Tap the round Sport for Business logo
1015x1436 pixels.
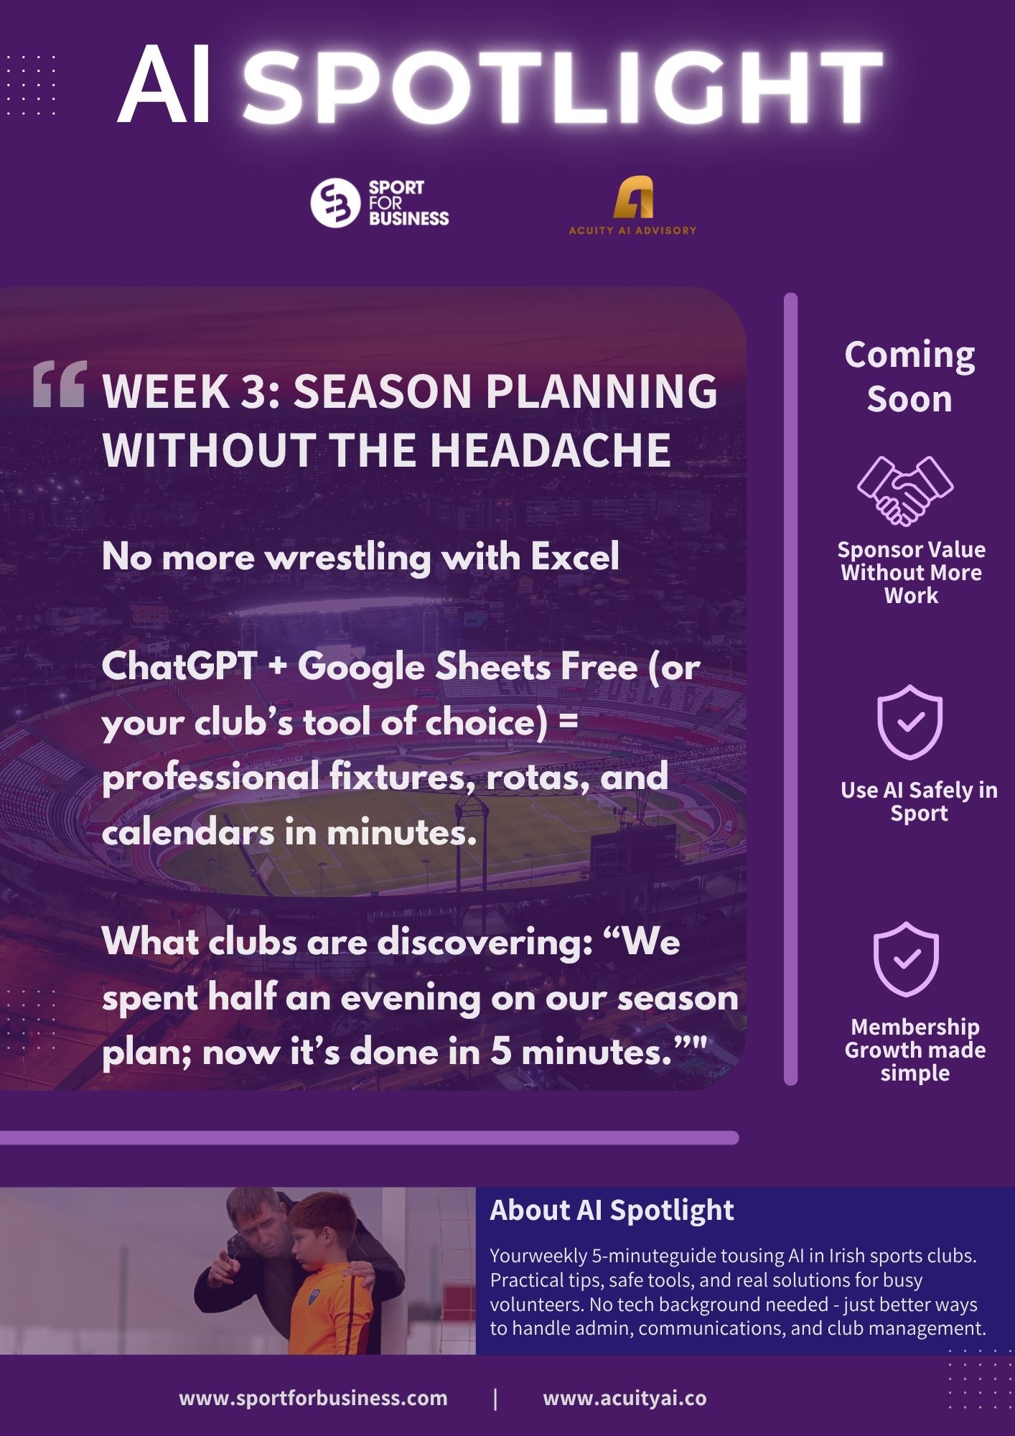(335, 203)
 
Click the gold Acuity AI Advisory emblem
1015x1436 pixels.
(633, 197)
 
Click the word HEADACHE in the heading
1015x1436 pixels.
(551, 450)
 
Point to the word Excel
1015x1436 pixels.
(575, 556)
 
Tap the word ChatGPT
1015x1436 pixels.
(179, 668)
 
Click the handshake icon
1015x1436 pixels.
(905, 490)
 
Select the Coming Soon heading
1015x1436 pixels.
(909, 376)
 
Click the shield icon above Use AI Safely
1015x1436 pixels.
(909, 722)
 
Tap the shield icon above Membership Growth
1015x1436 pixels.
(906, 959)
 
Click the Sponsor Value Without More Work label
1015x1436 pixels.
(911, 572)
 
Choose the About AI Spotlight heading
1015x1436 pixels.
(612, 1210)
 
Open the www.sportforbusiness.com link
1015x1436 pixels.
(313, 1398)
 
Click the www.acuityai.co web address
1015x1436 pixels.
(625, 1398)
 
